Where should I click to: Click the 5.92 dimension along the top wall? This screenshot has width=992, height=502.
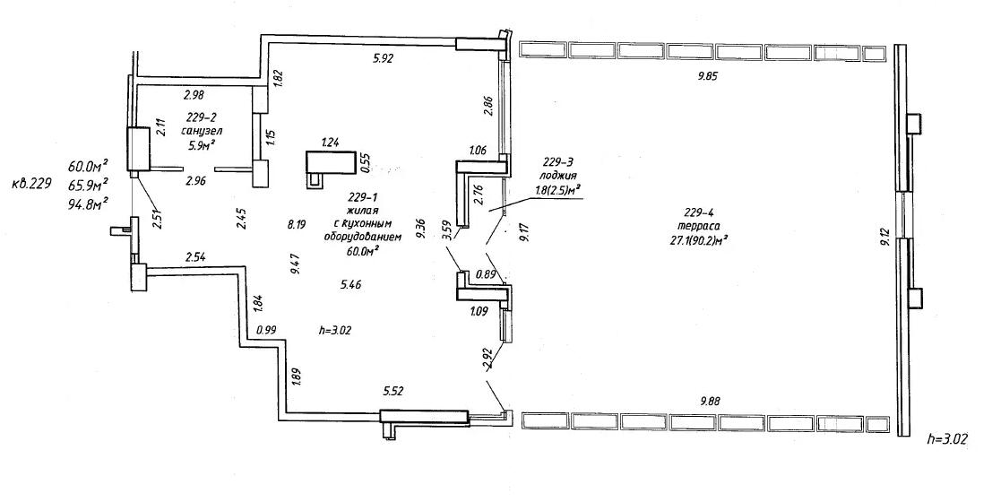[x=384, y=59]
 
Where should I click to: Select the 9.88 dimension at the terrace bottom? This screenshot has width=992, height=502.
[x=709, y=400]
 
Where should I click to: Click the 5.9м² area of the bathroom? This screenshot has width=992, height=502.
[x=203, y=143]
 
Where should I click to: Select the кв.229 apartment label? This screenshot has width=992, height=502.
[x=31, y=186]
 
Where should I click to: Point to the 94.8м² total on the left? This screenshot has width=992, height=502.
[x=87, y=203]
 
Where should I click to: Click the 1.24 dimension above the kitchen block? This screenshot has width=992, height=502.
[x=331, y=143]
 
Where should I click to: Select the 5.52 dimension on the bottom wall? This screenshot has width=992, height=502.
[x=392, y=392]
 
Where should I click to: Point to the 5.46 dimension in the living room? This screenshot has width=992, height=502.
[x=350, y=284]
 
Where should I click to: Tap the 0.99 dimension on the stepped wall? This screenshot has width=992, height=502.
[x=267, y=329]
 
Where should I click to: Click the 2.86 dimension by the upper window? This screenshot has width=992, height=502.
[x=487, y=105]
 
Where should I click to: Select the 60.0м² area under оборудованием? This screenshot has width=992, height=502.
[x=362, y=251]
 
